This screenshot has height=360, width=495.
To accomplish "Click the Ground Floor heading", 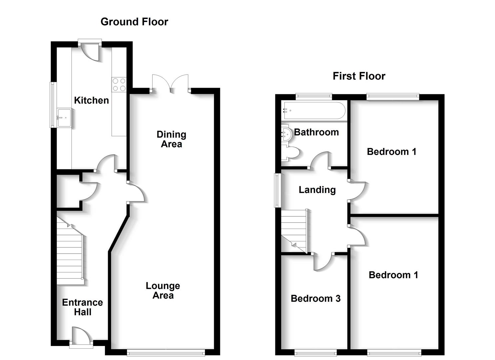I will [x=134, y=22].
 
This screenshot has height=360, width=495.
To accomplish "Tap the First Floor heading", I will [x=359, y=76].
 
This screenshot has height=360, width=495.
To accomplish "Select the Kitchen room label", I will [x=91, y=100].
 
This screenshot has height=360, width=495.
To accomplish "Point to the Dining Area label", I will [x=171, y=139].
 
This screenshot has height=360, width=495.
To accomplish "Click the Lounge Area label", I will [x=163, y=290].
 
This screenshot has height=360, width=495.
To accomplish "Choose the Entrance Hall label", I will [x=82, y=307].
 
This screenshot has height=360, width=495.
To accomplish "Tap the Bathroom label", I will [x=316, y=132].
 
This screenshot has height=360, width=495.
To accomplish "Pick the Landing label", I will [x=317, y=190].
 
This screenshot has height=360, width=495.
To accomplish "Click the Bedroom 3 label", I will [x=315, y=298].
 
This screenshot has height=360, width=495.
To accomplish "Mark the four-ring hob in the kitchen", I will [x=119, y=84].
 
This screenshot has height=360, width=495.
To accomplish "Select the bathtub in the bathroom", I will [x=314, y=110].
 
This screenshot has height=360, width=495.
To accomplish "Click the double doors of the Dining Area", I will [x=170, y=83].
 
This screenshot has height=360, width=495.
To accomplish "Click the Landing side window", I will [x=277, y=190].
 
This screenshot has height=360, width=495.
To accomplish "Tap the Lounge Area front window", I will [x=166, y=352].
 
